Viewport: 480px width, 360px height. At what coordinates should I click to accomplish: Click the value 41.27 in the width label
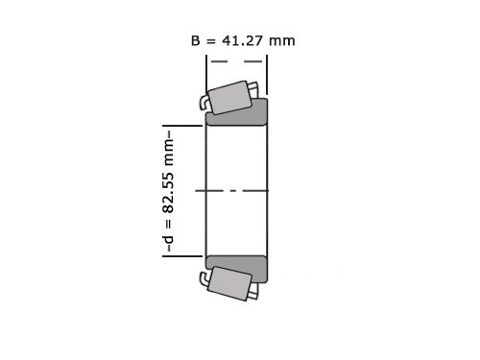point(245,40)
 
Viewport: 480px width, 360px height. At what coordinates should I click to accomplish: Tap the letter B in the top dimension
point(197,40)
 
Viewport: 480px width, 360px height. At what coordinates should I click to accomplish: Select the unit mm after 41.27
point(283,40)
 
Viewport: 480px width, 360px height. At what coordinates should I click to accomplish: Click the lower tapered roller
point(230,284)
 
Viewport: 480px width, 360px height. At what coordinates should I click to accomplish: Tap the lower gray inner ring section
point(237,269)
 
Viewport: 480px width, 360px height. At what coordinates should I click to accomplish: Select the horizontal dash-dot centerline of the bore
point(236,191)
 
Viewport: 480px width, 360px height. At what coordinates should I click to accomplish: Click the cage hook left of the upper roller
point(204,102)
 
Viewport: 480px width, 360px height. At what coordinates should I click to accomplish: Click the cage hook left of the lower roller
point(204,279)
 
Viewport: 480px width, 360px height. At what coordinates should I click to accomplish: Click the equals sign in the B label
point(213,40)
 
